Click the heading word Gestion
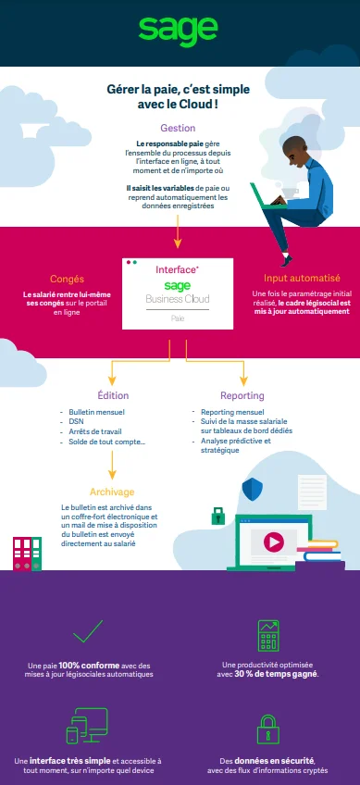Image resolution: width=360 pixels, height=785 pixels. coord(178,128)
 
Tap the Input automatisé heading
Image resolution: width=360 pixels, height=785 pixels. coord(302,278)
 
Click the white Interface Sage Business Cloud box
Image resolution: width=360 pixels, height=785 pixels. coord(177,293)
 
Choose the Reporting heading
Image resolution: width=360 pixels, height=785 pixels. coord(242,395)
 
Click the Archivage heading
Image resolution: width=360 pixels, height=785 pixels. coord(112,492)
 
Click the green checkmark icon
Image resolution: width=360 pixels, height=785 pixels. coord(86,631)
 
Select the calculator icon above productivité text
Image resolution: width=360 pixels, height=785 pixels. coord(269,636)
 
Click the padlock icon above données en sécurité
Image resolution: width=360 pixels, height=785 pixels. coord(268,727)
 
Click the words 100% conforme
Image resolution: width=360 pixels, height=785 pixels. coord(80,666)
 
